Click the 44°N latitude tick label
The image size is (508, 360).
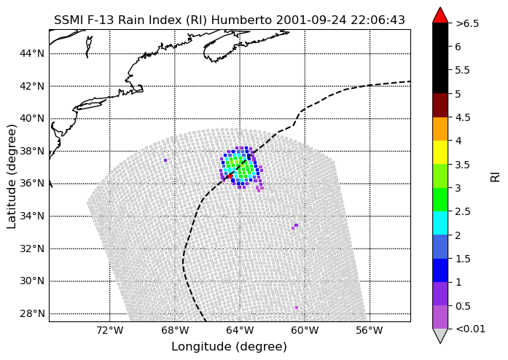click(32, 53)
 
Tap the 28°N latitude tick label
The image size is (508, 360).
click(32, 313)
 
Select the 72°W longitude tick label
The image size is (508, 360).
click(110, 331)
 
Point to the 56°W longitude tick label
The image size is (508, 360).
click(370, 331)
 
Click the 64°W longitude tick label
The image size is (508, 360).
click(240, 331)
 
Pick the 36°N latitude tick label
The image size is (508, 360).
click(32, 184)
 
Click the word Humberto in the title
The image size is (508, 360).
click(241, 20)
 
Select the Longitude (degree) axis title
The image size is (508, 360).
click(229, 347)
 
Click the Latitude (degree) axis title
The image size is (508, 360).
click(12, 176)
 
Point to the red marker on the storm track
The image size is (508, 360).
click(229, 176)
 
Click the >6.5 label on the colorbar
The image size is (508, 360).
click(467, 23)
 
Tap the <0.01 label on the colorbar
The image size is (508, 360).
click(470, 329)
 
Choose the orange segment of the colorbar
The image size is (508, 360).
click(440, 129)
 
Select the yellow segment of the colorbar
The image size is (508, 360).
click(440, 152)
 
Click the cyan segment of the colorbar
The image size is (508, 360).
click(440, 223)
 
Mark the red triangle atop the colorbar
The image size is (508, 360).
click(440, 15)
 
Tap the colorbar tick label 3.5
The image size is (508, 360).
click(463, 165)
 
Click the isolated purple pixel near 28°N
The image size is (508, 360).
click(297, 308)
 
